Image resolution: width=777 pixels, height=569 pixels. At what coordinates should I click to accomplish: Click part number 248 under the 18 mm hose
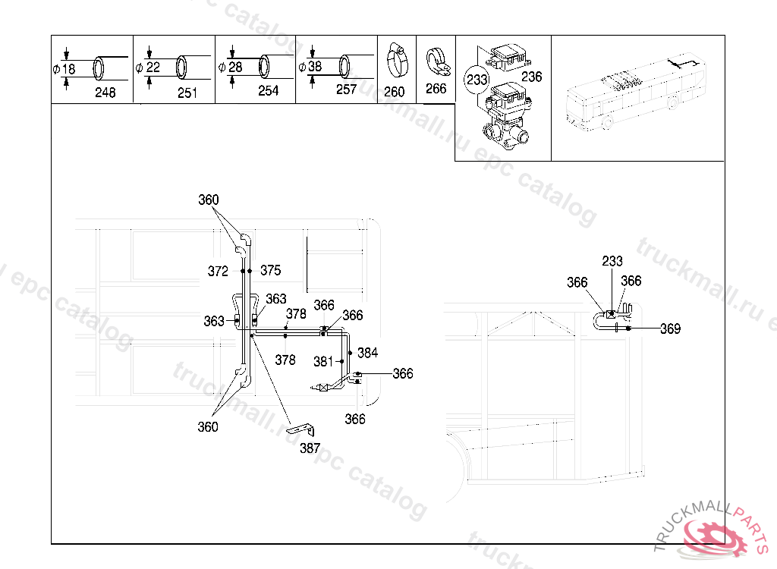tap(105, 93)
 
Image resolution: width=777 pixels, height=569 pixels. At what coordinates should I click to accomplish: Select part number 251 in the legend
tap(187, 93)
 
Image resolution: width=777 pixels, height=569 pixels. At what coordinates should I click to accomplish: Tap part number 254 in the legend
tap(268, 91)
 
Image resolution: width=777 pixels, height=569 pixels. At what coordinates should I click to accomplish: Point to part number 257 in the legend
tap(346, 90)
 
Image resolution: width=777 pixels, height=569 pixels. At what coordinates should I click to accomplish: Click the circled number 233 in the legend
tap(477, 79)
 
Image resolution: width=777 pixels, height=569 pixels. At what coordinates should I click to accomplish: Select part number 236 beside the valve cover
tap(532, 77)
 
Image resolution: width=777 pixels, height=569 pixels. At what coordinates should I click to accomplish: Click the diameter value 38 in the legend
tap(315, 67)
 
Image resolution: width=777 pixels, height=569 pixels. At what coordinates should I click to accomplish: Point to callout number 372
tap(218, 270)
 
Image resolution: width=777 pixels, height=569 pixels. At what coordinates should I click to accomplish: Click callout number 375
tap(270, 270)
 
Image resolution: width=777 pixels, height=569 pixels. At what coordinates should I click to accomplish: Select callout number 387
tap(310, 448)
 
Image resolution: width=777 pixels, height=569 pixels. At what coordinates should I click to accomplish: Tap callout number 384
tap(367, 353)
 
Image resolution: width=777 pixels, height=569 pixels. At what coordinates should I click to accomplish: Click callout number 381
tap(324, 361)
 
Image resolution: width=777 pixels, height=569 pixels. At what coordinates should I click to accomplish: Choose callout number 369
tap(670, 329)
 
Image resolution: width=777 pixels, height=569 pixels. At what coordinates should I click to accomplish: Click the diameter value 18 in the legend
tap(68, 69)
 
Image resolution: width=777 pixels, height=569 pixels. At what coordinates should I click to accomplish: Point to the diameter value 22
tap(153, 68)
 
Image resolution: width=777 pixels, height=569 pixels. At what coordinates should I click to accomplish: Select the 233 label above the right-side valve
tap(612, 261)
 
